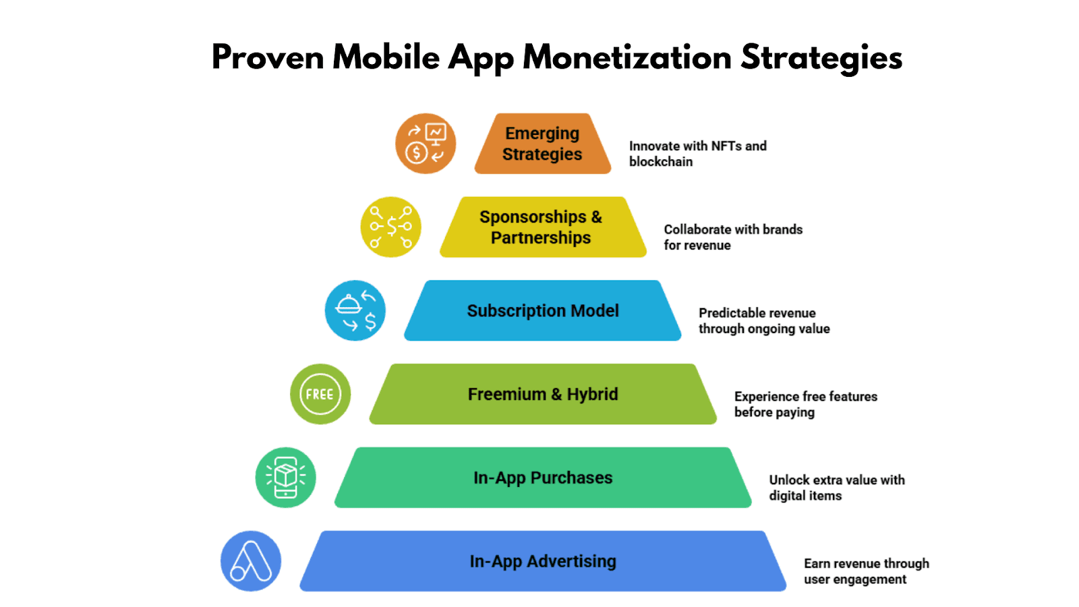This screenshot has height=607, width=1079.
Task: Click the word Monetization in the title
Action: [x=627, y=57]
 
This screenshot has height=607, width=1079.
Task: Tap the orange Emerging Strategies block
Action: [x=542, y=144]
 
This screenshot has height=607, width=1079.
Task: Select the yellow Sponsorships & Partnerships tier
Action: [x=542, y=227]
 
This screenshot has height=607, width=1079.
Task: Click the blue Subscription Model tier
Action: [x=543, y=311]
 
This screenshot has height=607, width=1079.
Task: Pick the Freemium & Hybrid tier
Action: [x=543, y=395]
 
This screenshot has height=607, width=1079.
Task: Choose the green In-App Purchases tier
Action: [x=543, y=478]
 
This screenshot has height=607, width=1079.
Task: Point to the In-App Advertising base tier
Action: [x=543, y=562]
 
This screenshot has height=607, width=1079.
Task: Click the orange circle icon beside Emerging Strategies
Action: [x=426, y=144]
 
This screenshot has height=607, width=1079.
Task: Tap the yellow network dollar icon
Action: [x=391, y=227]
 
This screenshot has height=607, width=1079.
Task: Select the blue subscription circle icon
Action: [x=355, y=311]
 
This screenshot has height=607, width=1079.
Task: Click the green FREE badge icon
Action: [x=320, y=395]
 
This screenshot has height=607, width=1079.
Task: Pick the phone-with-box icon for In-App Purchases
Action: [x=285, y=478]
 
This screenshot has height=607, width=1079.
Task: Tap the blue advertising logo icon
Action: [x=251, y=561]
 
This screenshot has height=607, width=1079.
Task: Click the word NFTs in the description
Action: [x=726, y=146]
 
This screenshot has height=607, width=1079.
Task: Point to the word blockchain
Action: [x=661, y=162]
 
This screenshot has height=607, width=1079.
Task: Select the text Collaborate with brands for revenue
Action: [x=732, y=237]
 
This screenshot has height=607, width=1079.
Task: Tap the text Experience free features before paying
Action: [x=805, y=405]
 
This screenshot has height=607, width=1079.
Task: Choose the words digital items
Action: [x=805, y=496]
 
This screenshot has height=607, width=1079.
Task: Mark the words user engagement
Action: [x=855, y=580]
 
